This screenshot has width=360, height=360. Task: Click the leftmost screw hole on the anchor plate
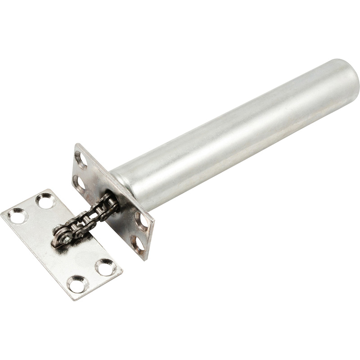18,216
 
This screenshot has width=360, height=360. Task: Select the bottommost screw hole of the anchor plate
77,284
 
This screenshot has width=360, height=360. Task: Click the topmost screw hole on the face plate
81,160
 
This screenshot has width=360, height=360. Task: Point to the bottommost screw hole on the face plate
139,243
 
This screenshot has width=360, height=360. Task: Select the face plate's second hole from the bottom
141,221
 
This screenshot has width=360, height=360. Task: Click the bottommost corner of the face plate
145,260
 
